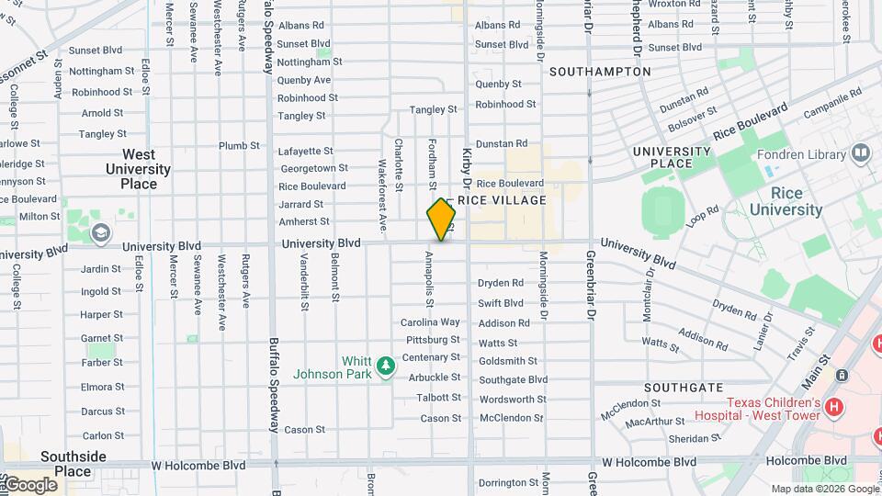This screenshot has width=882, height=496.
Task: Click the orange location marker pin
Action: pos(441,220)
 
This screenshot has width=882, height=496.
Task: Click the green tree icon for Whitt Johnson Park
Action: pos(387,366)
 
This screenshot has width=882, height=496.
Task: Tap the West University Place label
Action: pos(138,169)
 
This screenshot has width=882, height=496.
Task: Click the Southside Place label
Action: pos(73,464)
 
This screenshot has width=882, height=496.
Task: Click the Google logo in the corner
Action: pos(29,484)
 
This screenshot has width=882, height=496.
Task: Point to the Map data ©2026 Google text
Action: pos(824,489)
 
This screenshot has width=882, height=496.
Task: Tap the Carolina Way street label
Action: pos(430,322)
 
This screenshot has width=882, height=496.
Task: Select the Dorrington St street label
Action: pos(508,482)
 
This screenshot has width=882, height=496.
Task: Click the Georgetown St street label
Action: pos(314,168)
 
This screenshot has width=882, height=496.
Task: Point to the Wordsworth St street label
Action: pos(513,400)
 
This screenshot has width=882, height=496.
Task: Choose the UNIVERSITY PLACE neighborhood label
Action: pos(673,157)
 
